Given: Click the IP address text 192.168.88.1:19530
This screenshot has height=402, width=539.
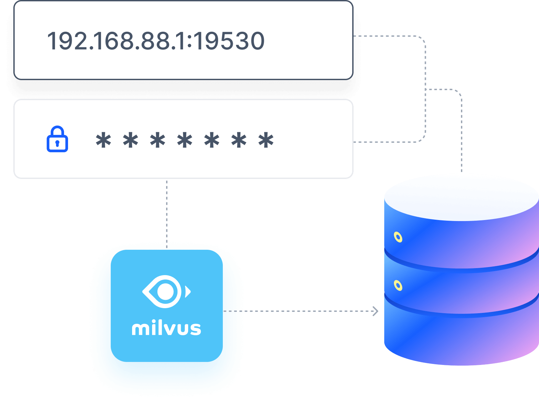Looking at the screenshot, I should pyautogui.click(x=156, y=41).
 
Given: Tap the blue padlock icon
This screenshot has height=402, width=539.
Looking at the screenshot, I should pyautogui.click(x=57, y=139).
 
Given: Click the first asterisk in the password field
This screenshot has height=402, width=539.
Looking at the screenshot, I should pyautogui.click(x=103, y=140).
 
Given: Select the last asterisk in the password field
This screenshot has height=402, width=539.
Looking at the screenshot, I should pyautogui.click(x=266, y=140).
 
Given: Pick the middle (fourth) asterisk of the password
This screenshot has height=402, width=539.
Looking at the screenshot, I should pyautogui.click(x=185, y=140).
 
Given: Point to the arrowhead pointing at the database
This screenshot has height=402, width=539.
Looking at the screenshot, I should pyautogui.click(x=376, y=311).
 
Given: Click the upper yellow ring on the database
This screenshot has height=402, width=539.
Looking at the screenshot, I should pyautogui.click(x=398, y=237).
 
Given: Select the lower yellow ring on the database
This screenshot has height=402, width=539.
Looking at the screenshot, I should pyautogui.click(x=398, y=286).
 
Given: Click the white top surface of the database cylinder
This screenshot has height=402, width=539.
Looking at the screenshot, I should pyautogui.click(x=462, y=197).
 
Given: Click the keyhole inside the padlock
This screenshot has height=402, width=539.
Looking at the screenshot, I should pyautogui.click(x=57, y=144).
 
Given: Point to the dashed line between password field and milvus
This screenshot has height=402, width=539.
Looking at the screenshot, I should pyautogui.click(x=167, y=210).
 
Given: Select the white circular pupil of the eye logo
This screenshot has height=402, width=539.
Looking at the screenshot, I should pyautogui.click(x=165, y=291).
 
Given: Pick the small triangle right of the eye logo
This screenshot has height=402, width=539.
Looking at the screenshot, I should pyautogui.click(x=188, y=291).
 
